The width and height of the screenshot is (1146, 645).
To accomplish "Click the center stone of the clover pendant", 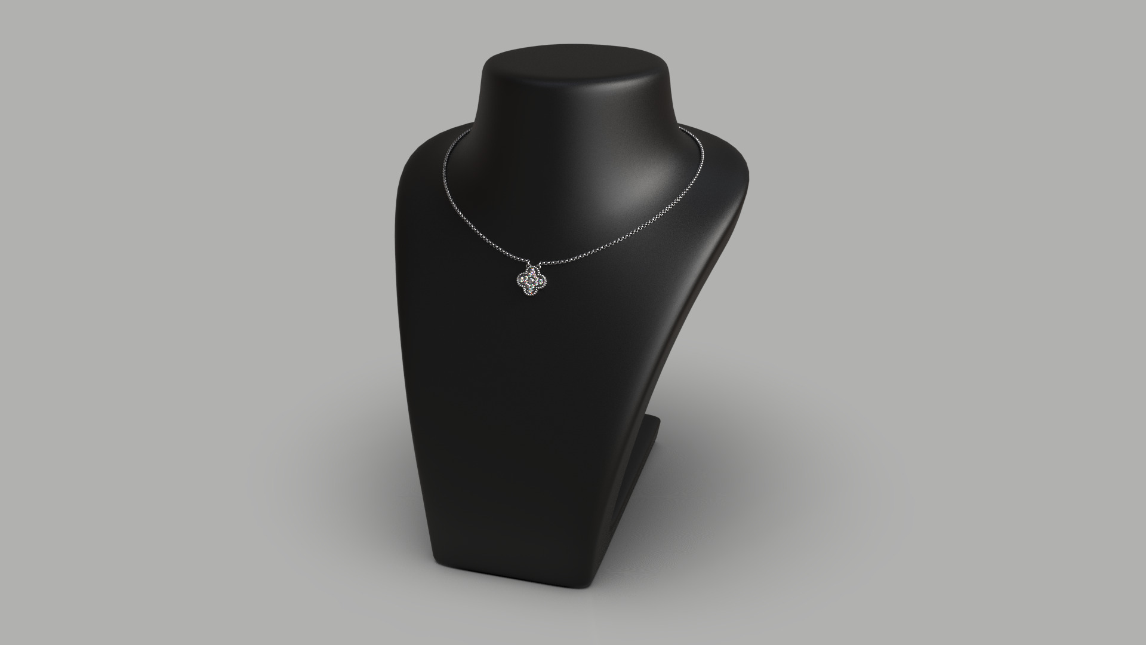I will tap(531, 280).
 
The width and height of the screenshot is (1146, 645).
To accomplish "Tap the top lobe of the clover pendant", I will tap(532, 270).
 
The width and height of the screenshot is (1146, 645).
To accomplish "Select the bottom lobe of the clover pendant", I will tap(530, 291).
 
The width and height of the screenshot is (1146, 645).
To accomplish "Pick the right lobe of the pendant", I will tap(541, 281).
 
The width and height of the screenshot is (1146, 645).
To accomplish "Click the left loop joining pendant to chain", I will tap(528, 265).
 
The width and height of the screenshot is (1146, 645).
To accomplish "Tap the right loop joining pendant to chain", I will tap(540, 265).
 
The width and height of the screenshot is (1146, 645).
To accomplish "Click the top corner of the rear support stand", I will tap(658, 419).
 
